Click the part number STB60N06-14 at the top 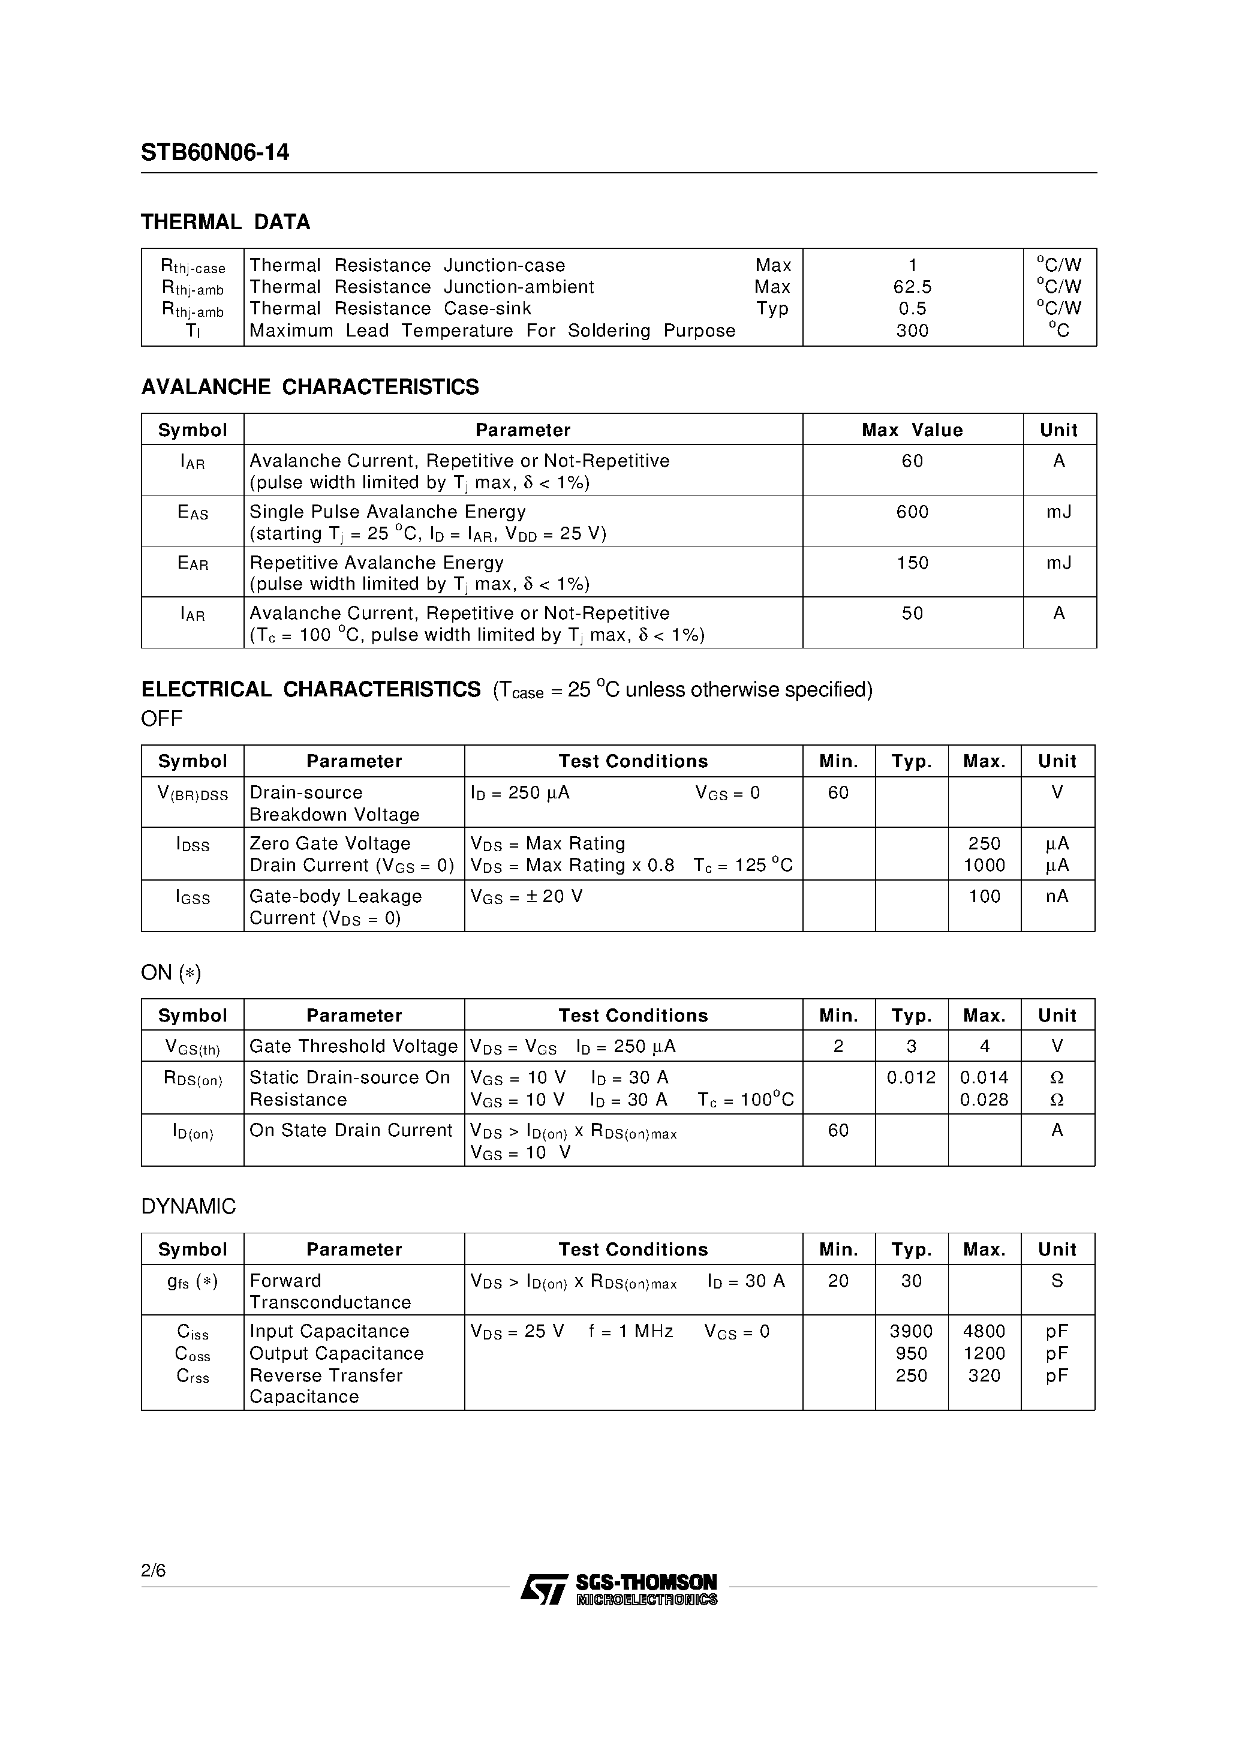tap(215, 153)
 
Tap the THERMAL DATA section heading tap(225, 223)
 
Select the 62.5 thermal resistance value tap(912, 287)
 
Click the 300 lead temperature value tap(912, 331)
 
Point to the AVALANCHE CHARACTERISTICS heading tap(310, 388)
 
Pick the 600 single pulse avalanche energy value tap(912, 512)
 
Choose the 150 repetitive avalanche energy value tap(912, 563)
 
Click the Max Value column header tap(912, 430)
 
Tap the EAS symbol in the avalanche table tap(193, 513)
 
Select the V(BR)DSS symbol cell tap(193, 794)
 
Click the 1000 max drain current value tap(984, 866)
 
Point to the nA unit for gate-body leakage tap(1057, 896)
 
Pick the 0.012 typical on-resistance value tap(912, 1078)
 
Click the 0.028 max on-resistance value tap(984, 1100)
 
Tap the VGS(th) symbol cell tap(193, 1047)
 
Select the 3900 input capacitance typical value tap(912, 1332)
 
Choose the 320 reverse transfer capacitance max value tap(984, 1376)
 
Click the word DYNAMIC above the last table tap(189, 1207)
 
